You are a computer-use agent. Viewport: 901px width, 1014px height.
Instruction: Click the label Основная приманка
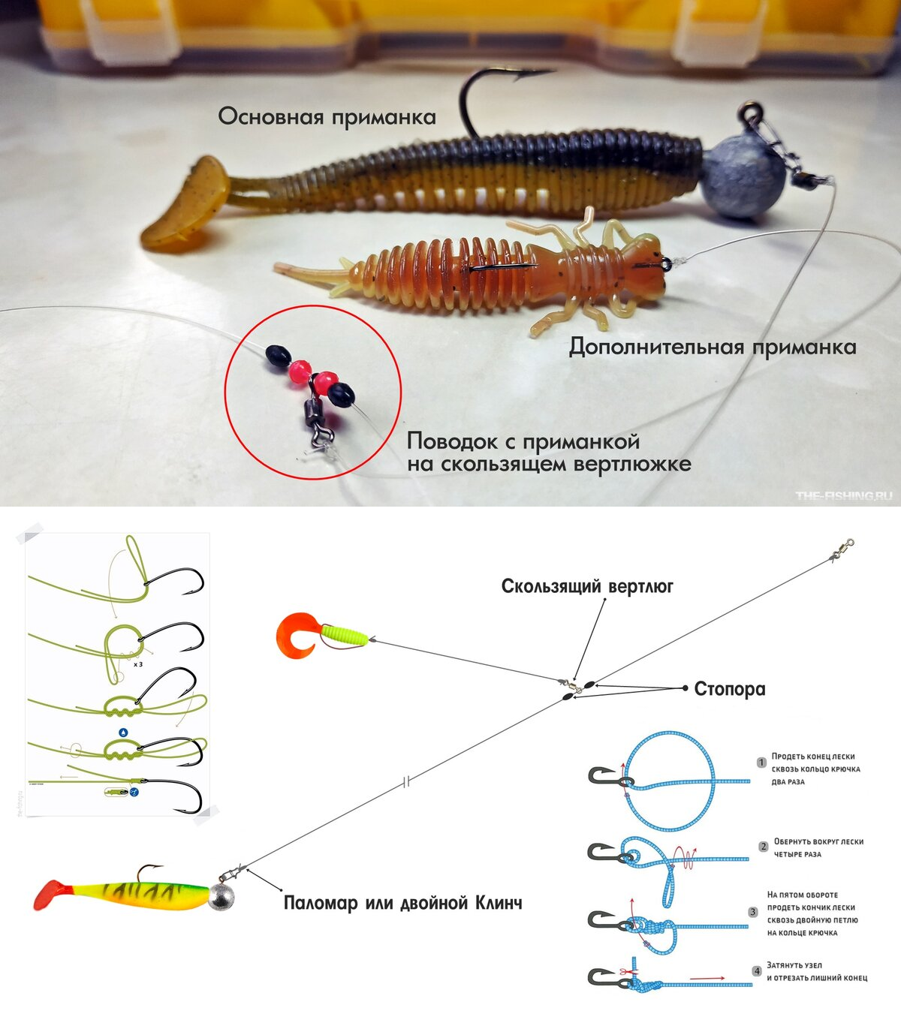(x=327, y=116)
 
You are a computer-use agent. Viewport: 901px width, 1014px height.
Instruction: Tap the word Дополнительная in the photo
(x=656, y=348)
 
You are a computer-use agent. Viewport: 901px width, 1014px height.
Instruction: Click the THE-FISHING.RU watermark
(x=844, y=495)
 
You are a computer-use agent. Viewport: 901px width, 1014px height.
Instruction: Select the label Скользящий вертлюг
(x=587, y=587)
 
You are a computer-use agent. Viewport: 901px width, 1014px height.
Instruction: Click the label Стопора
(x=730, y=689)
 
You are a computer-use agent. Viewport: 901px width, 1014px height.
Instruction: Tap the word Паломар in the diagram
(x=320, y=903)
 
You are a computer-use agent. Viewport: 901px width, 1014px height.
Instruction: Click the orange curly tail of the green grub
(x=299, y=636)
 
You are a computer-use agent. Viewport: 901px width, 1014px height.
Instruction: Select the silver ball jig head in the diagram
(x=221, y=898)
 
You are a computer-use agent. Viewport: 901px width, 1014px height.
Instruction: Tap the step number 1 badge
(x=761, y=763)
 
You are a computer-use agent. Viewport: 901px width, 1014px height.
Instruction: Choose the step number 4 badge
(x=757, y=971)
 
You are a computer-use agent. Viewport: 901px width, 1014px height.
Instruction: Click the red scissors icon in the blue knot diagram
(x=624, y=971)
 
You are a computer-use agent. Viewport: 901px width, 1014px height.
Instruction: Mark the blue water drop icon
(x=123, y=732)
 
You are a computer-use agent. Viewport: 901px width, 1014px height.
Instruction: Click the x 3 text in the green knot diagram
(x=138, y=664)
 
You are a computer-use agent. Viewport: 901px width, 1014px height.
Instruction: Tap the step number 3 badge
(x=753, y=912)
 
